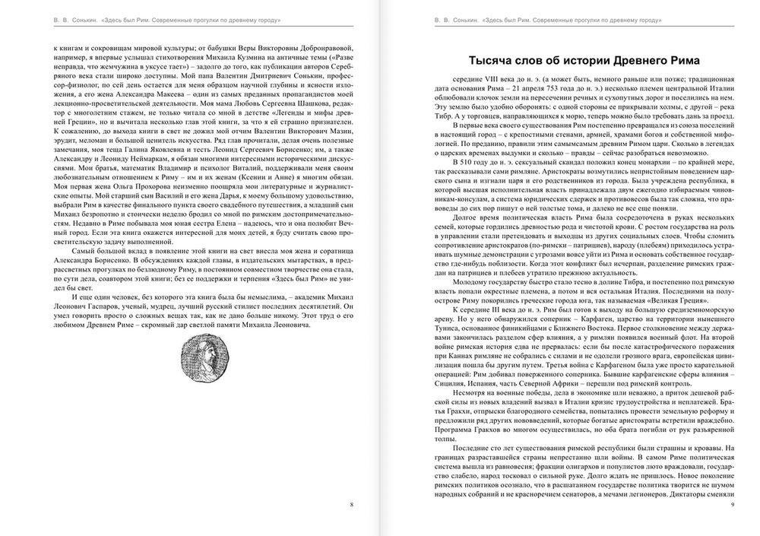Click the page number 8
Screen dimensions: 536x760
point(350,504)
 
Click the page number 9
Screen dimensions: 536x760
point(730,504)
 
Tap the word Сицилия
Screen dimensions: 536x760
point(449,385)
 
